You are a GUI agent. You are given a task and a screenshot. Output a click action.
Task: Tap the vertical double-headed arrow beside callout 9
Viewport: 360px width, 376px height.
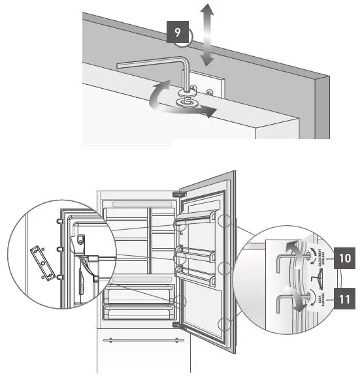click(207, 34)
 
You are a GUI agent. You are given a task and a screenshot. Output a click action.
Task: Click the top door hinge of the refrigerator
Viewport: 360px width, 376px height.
click(176, 193)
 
